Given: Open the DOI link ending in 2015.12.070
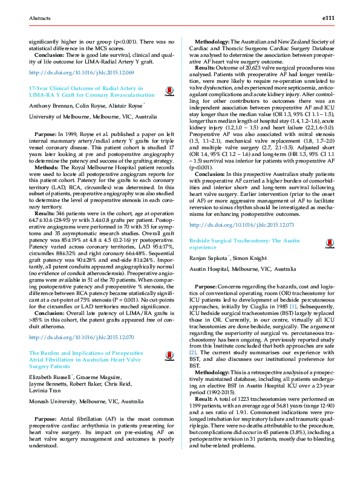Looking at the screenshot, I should pyautogui.click(x=81, y=337).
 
